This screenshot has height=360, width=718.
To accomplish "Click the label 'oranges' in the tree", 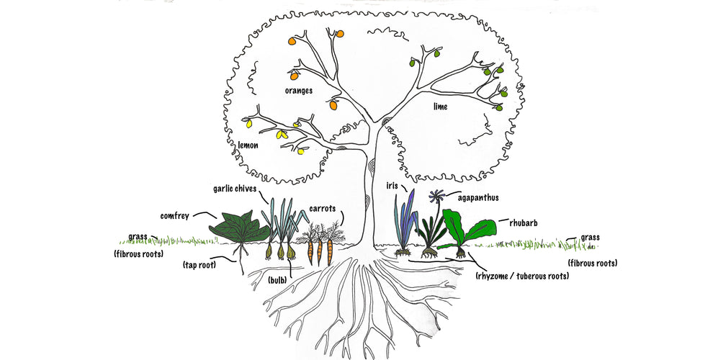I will [298, 91].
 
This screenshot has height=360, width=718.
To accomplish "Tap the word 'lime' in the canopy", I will [440, 107].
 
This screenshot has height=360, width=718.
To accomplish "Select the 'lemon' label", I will [248, 145].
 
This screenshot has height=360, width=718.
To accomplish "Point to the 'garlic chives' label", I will [234, 189].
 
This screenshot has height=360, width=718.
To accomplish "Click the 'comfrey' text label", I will [175, 215].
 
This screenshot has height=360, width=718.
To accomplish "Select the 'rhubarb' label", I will [524, 223].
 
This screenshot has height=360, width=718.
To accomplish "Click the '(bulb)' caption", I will [278, 279].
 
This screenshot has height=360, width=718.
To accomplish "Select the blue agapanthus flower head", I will [434, 196].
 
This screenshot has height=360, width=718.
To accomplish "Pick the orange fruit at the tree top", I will [341, 33].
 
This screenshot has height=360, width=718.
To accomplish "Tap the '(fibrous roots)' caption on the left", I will [138, 254].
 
